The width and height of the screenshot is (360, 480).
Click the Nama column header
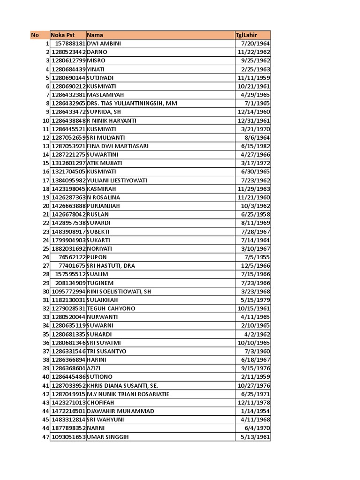[95, 35]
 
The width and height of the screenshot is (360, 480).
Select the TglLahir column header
[247, 35]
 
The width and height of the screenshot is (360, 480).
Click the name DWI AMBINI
[105, 44]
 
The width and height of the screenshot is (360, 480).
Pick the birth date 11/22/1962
[254, 52]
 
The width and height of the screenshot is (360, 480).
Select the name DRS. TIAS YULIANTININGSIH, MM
[132, 103]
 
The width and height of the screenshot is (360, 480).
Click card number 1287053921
[68, 146]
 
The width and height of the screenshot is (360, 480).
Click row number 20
[46, 206]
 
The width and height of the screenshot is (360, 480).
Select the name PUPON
[97, 257]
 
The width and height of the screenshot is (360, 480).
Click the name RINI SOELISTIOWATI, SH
[119, 292]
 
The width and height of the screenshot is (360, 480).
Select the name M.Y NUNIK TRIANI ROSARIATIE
[128, 394]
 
